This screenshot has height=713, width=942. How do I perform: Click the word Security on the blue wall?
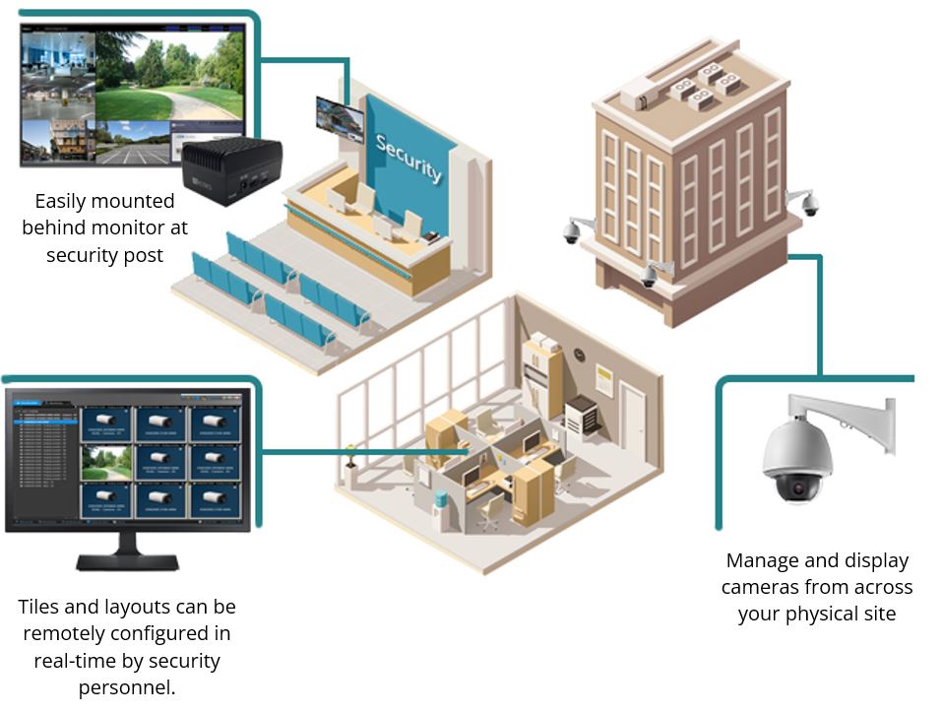coord(408,158)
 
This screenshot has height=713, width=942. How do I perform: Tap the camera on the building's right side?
coord(809,205)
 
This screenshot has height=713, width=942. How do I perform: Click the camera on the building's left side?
coord(572,231)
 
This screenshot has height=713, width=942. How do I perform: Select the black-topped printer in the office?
coord(582,413)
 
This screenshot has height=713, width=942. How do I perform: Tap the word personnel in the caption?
coord(123,686)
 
